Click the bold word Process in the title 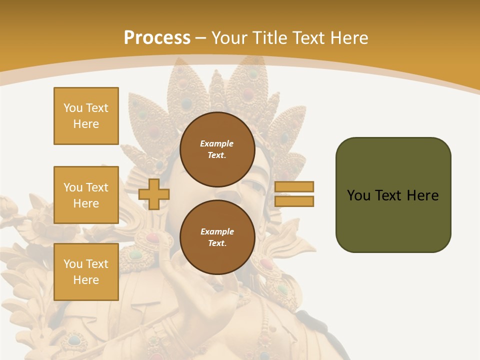(157, 38)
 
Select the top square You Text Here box (86, 116)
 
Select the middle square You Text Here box (86, 195)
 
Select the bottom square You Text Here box (86, 272)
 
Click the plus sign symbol (154, 194)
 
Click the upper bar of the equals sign (294, 186)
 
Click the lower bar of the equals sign (294, 201)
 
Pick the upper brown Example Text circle (217, 149)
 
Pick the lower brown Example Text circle (217, 237)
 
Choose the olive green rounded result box (393, 195)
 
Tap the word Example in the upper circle (217, 143)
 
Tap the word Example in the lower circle (217, 231)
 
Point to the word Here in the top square (86, 124)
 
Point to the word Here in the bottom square (86, 280)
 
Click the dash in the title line (200, 38)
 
